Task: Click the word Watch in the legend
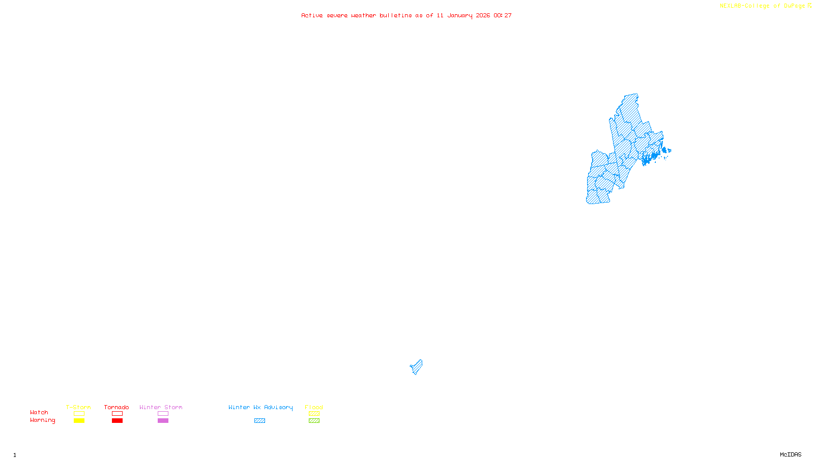(x=39, y=412)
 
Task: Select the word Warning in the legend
(x=42, y=420)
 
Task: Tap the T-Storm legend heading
(x=78, y=407)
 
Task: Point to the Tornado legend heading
(x=117, y=407)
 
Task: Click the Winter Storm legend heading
(x=161, y=407)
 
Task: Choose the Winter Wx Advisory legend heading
(x=260, y=407)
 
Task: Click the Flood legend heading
(x=314, y=407)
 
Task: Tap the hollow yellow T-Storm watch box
(x=79, y=414)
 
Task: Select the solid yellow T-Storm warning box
(x=79, y=421)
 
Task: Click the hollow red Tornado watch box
(x=117, y=414)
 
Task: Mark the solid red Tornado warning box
(x=117, y=421)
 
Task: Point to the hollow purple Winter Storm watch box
(x=163, y=414)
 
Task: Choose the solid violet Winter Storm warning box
(x=163, y=421)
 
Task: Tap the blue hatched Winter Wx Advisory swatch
(x=259, y=421)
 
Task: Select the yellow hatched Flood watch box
(x=314, y=414)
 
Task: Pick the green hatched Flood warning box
(x=314, y=421)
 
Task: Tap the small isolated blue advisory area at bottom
(x=417, y=367)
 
